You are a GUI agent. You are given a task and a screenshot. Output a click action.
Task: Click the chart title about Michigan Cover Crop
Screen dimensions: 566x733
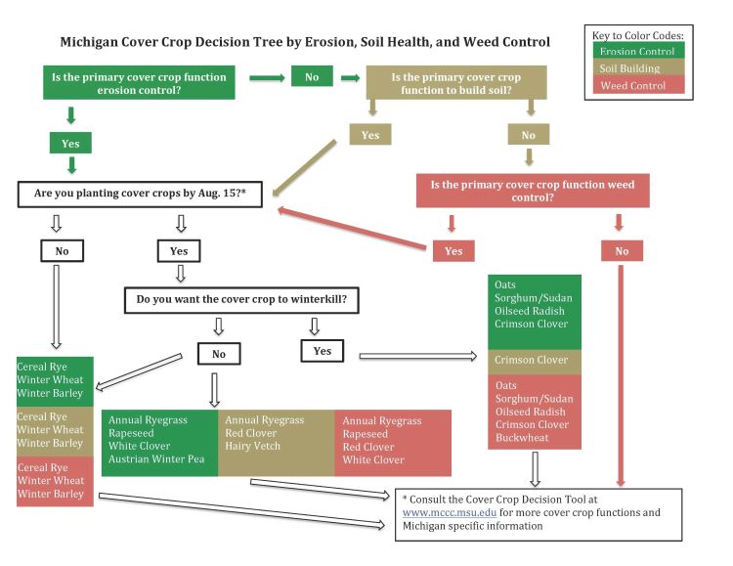coord(305,43)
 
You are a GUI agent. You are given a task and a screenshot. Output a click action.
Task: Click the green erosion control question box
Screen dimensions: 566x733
coord(138,84)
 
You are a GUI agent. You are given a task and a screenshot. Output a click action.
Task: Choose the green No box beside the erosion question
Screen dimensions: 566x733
coord(312,76)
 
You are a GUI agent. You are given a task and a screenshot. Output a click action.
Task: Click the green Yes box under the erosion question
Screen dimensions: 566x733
coord(70,143)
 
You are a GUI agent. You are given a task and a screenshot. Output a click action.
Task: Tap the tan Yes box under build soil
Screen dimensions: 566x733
coord(370,135)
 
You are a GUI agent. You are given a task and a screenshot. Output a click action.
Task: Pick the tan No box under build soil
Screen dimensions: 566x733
coord(529,135)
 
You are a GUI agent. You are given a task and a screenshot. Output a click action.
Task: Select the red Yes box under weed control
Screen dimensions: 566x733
coord(453,251)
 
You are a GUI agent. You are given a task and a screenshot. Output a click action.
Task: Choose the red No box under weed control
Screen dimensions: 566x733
coord(623,251)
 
